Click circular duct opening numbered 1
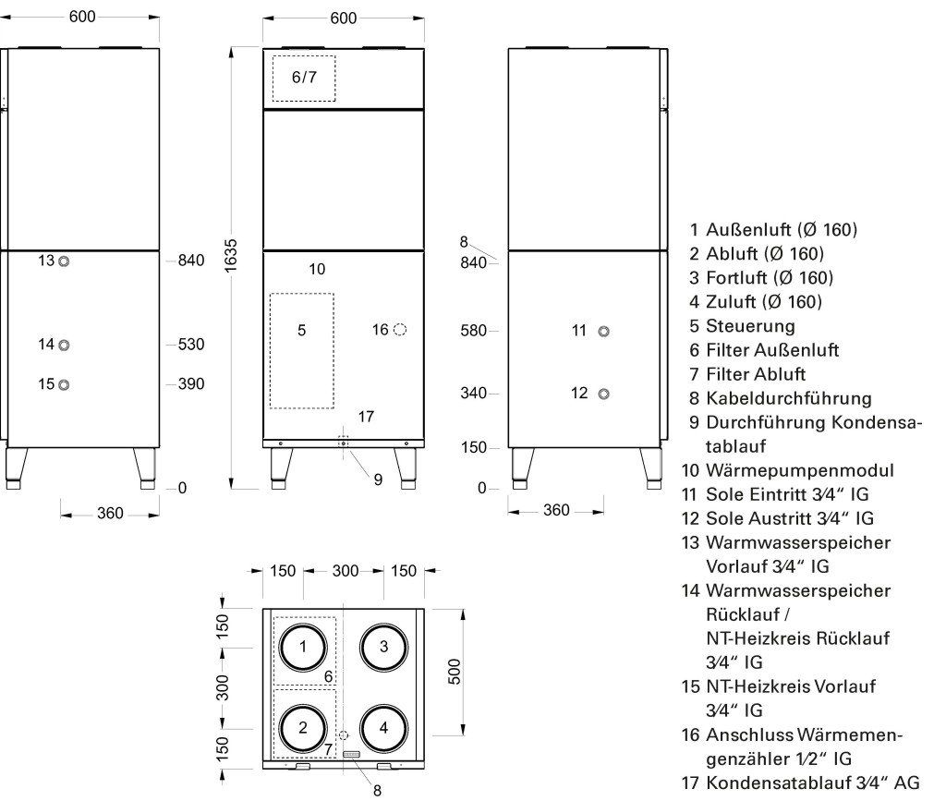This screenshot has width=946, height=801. (x=303, y=625)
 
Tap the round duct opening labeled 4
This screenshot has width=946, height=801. (x=383, y=705)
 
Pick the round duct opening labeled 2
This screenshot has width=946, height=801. (x=303, y=705)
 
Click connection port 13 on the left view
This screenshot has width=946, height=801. (x=64, y=261)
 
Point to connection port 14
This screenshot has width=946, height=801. (x=64, y=345)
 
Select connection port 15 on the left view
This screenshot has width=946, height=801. (x=64, y=385)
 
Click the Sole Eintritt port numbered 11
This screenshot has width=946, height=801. (x=603, y=331)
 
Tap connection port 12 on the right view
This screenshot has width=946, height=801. (x=603, y=394)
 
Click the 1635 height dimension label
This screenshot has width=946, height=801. (x=230, y=256)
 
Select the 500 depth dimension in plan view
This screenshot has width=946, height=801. (x=455, y=672)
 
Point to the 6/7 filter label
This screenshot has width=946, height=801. (x=304, y=78)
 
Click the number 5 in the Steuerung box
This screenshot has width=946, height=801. (x=302, y=330)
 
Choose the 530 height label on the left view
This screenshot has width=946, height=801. (x=191, y=345)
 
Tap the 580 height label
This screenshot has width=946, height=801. (x=474, y=331)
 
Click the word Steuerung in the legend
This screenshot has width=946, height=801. (x=750, y=326)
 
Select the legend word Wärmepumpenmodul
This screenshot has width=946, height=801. (x=800, y=470)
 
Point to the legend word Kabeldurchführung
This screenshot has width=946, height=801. (x=789, y=399)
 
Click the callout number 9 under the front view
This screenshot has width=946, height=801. (x=378, y=479)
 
